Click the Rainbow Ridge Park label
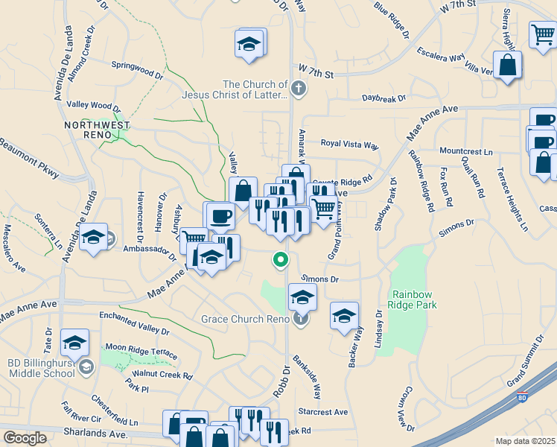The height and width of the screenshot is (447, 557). pyautogui.click(x=412, y=299)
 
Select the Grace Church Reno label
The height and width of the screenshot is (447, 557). pyautogui.click(x=244, y=319)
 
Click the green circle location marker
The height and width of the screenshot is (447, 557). pyautogui.click(x=281, y=260)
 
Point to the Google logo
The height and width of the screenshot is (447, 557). pyautogui.click(x=25, y=438)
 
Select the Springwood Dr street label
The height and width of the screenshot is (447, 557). pyautogui.click(x=137, y=69)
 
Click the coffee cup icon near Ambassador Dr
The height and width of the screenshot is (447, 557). pyautogui.click(x=221, y=216)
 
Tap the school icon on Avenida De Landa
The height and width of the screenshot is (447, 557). pyautogui.click(x=94, y=238)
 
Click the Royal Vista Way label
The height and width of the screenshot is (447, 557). pyautogui.click(x=349, y=143)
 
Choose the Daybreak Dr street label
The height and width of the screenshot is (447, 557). pyautogui.click(x=383, y=98)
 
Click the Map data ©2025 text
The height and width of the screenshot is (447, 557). pyautogui.click(x=524, y=441)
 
